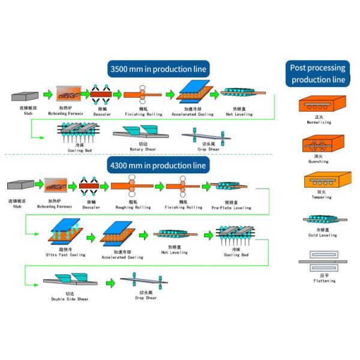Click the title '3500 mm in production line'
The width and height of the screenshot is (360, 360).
[158, 69]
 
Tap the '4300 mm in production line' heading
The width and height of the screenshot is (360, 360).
[158, 165]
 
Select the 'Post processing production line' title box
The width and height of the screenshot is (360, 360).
[317, 73]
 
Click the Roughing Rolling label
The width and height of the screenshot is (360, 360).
[133, 208]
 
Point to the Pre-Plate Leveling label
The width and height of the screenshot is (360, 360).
[231, 208]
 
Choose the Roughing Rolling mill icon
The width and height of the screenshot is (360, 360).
[133, 187]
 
